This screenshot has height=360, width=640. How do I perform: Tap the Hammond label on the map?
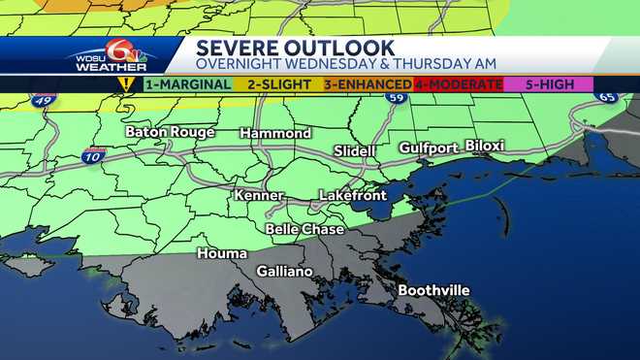coord(275,133)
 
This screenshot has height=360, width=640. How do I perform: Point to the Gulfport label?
coord(428,147)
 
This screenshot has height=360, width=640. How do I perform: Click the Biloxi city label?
coord(485,146)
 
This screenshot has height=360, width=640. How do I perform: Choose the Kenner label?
coord(259,196)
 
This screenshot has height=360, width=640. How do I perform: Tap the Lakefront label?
coord(353,196)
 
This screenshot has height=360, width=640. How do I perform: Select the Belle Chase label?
coord(303,229)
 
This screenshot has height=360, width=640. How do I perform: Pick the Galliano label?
coord(284,272)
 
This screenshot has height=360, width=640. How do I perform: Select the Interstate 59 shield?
coord(393,98)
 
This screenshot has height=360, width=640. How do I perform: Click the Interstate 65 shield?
coord(608,97)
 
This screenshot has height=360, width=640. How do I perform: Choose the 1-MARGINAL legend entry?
coord(188,84)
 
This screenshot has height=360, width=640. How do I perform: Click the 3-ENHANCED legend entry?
coord(368,84)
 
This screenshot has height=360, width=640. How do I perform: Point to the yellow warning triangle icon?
coord(125,84)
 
